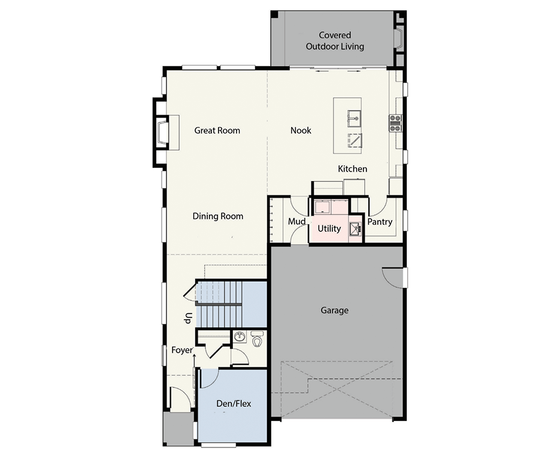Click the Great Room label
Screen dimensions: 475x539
click(217, 130)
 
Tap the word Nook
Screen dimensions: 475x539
click(301, 130)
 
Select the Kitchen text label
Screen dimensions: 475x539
click(352, 169)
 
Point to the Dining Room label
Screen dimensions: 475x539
click(218, 216)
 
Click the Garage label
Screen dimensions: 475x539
click(334, 310)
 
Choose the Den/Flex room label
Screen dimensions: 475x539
click(233, 404)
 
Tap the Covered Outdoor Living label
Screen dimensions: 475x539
click(335, 41)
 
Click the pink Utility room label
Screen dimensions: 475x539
click(329, 229)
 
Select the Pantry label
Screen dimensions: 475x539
click(380, 222)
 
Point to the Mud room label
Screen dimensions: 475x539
click(297, 222)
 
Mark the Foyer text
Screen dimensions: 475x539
click(181, 350)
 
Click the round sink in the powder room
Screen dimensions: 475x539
click(239, 336)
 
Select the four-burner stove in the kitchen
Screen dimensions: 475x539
click(395, 123)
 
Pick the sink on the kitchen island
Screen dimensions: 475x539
click(355, 118)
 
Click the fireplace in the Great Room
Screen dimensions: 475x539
click(162, 132)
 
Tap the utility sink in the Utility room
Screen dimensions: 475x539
click(356, 229)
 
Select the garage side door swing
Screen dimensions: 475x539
click(392, 276)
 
